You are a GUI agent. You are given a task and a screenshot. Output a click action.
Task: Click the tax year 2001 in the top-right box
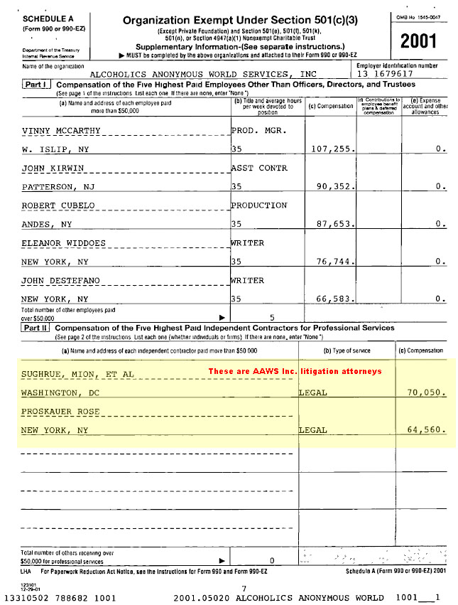(418, 41)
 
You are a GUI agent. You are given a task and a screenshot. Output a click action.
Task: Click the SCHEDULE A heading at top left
(33, 19)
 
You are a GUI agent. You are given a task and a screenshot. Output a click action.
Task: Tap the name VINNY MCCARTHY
(60, 131)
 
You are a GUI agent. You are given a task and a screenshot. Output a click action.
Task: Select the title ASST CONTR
(260, 168)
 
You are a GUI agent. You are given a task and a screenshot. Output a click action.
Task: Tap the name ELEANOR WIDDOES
(63, 243)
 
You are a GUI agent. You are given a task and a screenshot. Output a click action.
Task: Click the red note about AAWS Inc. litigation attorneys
(295, 371)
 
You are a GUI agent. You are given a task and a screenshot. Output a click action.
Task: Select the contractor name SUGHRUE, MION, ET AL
(77, 374)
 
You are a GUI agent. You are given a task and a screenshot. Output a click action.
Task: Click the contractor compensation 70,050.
(425, 392)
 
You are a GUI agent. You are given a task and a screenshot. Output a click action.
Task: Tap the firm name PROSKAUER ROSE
(60, 412)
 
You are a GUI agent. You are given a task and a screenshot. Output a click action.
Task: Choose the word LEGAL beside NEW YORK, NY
(313, 430)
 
